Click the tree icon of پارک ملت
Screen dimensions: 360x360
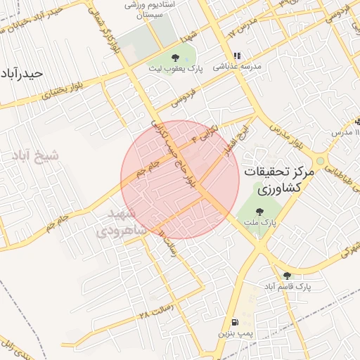[x=259, y=211]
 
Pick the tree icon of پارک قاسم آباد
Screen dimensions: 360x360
[x=286, y=276]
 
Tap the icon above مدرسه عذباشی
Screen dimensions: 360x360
[x=237, y=56]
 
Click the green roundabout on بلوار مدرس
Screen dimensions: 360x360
[x=321, y=161]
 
